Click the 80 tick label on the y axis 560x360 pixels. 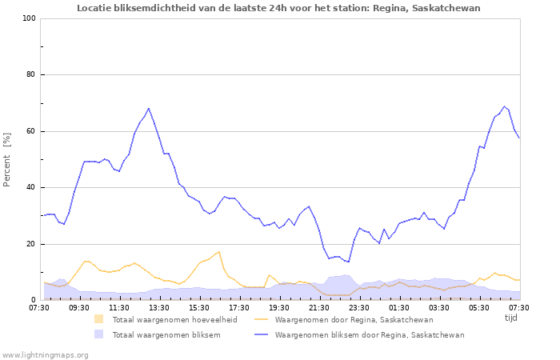[x=31, y=75]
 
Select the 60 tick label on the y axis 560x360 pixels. [x=31, y=131]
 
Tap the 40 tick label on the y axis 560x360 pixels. [x=31, y=188]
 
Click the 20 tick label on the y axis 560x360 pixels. [x=31, y=244]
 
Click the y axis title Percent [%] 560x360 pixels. [x=7, y=160]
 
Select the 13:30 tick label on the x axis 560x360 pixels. [x=159, y=307]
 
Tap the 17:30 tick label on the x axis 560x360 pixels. [x=239, y=307]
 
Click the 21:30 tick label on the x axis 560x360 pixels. [x=319, y=307]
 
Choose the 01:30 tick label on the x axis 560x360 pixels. [x=399, y=307]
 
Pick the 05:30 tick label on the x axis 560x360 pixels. [x=479, y=307]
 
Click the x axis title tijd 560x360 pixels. [x=510, y=318]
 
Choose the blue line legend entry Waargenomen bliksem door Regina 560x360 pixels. [x=369, y=335]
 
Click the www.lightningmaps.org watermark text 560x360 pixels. [x=45, y=354]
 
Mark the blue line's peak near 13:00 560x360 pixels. [x=149, y=108]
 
